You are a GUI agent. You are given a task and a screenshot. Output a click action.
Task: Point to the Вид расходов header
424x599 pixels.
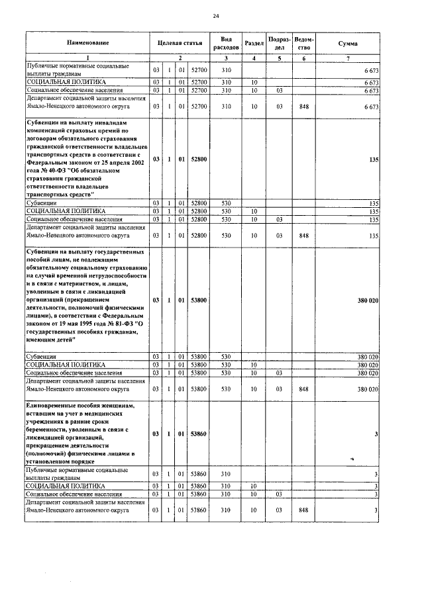coord(225,43)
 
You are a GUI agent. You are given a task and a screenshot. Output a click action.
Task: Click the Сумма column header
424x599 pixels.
coord(348,43)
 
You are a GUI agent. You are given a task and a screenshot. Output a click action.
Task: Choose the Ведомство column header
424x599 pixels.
coord(304,43)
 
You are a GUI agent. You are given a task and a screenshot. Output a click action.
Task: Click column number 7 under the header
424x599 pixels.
coord(348,59)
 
